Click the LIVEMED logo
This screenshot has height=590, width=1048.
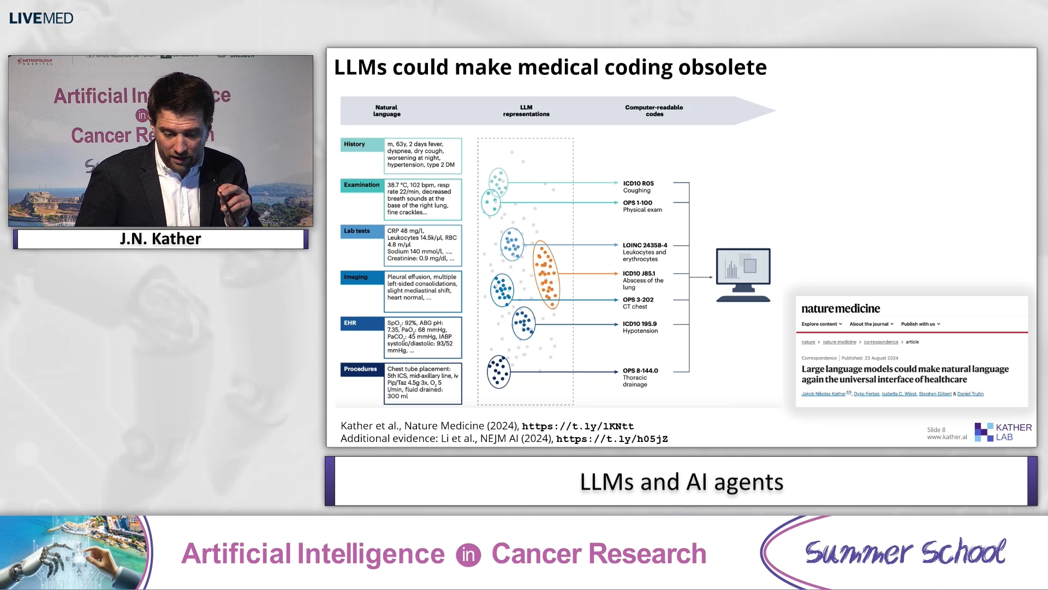coord(41,18)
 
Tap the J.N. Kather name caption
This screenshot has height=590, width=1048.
coord(160,239)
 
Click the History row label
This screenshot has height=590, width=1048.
coord(355,144)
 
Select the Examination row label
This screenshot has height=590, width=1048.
coord(361,185)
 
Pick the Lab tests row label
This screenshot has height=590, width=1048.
coord(357,231)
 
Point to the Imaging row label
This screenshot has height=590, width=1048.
coord(356,277)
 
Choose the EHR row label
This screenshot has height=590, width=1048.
coord(350,323)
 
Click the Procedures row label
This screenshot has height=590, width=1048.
coord(360,369)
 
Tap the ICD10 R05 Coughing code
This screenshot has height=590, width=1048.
coord(638,187)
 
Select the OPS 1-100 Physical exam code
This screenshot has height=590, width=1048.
coord(642,206)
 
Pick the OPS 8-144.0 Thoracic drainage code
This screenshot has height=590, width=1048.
coord(640,377)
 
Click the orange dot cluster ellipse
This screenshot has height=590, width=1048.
coord(546,274)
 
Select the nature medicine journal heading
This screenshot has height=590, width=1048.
coord(841,309)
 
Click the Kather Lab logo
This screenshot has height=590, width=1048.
coord(1003,432)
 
